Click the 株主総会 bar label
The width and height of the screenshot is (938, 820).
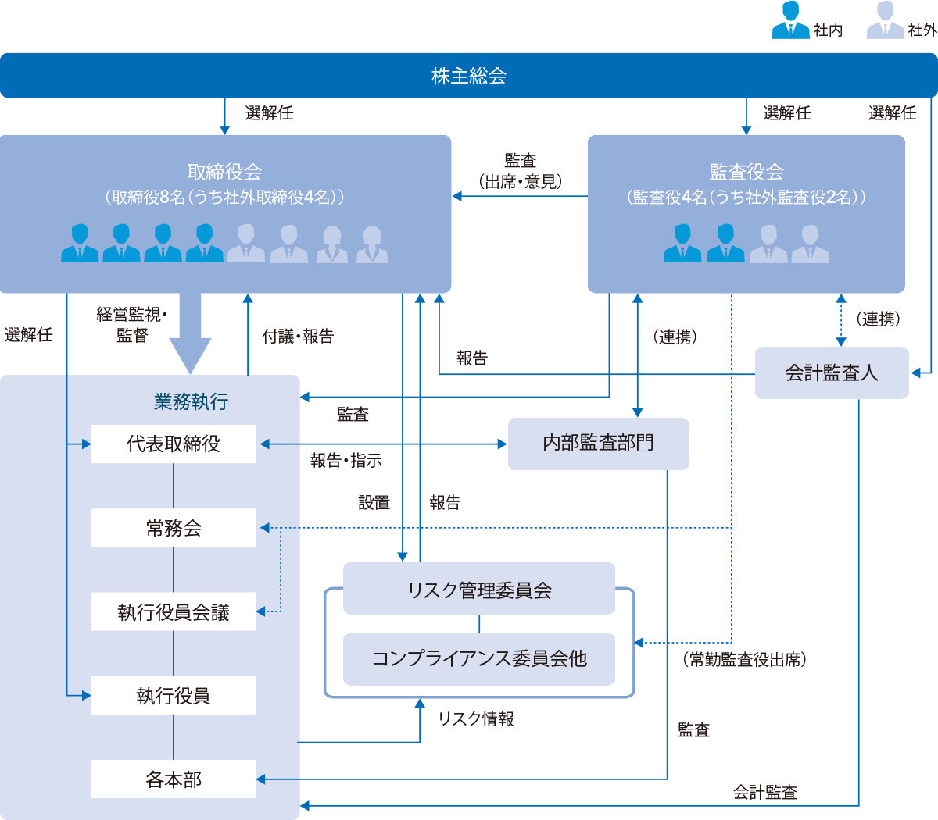(x=469, y=76)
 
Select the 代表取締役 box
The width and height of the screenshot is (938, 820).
(x=174, y=444)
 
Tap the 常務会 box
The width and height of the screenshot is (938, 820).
(x=174, y=528)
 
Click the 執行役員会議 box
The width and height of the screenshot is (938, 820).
(x=174, y=612)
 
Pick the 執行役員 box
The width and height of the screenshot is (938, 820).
(x=174, y=696)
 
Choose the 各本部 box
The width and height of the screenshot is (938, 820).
(x=174, y=779)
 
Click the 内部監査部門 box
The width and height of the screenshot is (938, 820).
(x=598, y=444)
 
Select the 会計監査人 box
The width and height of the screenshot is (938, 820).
(x=832, y=373)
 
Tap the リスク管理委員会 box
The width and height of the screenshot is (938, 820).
(x=479, y=590)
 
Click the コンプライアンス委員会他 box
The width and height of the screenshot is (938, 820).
(x=479, y=659)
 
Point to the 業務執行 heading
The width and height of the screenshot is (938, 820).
(x=192, y=402)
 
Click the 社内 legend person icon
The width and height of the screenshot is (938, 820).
(x=790, y=21)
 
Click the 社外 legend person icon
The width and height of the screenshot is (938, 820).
(x=885, y=21)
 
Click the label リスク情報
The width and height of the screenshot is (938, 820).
(x=476, y=719)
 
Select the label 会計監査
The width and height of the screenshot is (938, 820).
(x=764, y=792)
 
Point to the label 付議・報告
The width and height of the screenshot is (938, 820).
(x=298, y=337)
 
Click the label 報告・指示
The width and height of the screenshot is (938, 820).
(x=346, y=461)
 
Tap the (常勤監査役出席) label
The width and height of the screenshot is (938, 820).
(x=745, y=660)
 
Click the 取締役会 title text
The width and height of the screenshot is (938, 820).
(x=224, y=172)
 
